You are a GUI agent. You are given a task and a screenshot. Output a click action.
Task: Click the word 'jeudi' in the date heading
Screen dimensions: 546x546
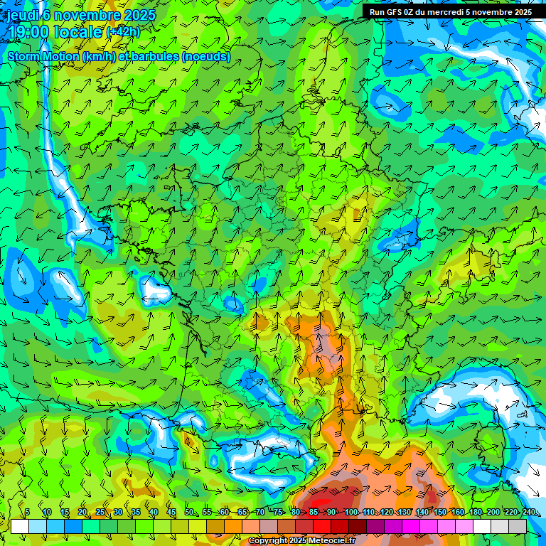point(23,15)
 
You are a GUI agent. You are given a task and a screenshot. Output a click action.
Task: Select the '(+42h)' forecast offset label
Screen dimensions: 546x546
point(123,31)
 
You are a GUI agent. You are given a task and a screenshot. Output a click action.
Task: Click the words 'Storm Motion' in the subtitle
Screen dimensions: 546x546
point(43,56)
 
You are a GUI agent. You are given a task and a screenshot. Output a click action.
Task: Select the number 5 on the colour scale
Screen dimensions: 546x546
point(27,512)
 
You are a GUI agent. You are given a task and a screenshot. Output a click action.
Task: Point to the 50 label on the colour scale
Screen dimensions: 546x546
point(188,512)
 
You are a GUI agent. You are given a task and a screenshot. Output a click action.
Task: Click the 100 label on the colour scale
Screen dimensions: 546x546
point(351,512)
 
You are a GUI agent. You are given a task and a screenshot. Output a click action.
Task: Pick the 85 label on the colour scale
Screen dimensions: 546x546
point(314,512)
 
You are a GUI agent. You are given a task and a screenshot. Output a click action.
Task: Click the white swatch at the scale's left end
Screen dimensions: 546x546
point(20,526)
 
